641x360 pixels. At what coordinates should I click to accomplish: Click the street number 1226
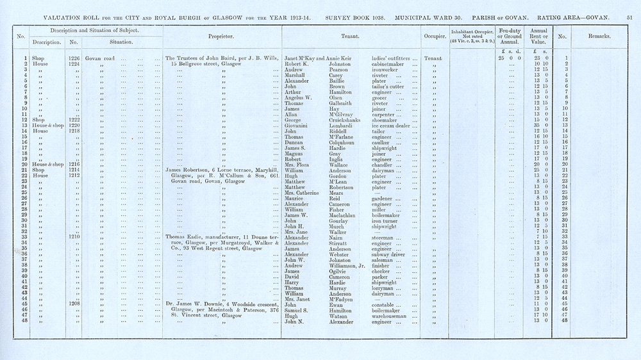coord(73,58)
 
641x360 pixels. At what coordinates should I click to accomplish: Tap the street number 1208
coord(73,304)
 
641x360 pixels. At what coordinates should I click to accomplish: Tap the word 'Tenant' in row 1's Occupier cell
coord(433,58)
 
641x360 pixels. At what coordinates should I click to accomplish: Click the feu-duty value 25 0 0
coord(508,58)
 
